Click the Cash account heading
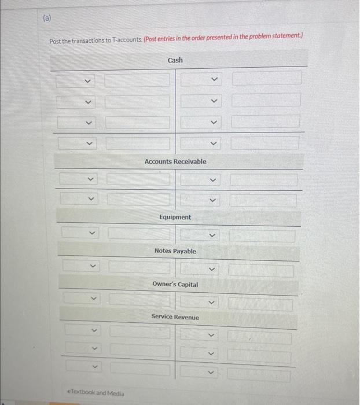(175, 60)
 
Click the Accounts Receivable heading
(175, 161)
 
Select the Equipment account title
(175, 217)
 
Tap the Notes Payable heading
(175, 251)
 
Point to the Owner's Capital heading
(175, 285)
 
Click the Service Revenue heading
(175, 317)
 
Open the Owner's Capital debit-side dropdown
(81, 300)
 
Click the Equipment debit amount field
(139, 234)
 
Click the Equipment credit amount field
(262, 236)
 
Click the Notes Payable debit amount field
(140, 267)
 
